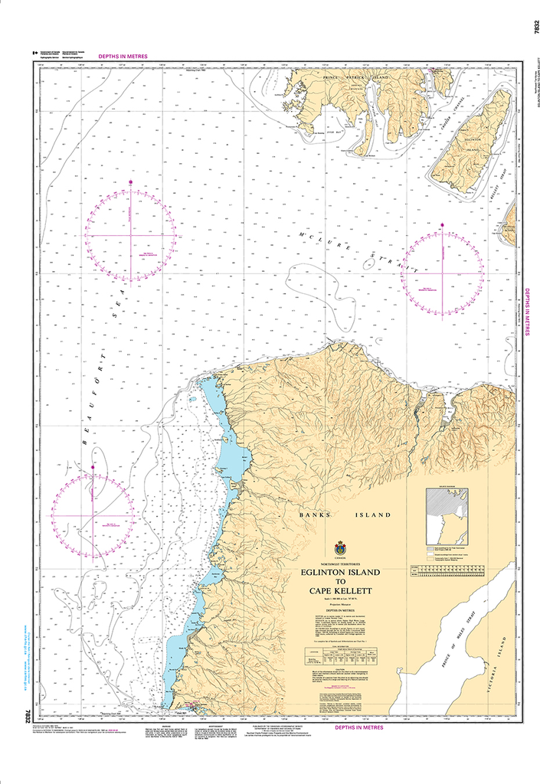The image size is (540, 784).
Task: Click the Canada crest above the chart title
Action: (x=340, y=548)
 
